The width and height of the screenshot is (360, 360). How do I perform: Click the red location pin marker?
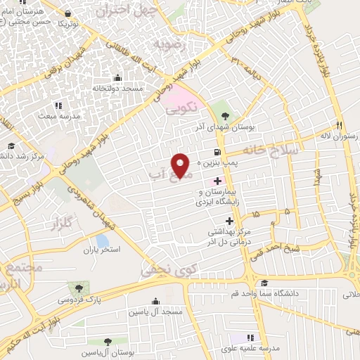coord(182,165)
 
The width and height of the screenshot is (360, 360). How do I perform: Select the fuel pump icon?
coord(216,152)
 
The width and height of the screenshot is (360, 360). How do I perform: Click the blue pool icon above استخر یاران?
coord(103,240)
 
